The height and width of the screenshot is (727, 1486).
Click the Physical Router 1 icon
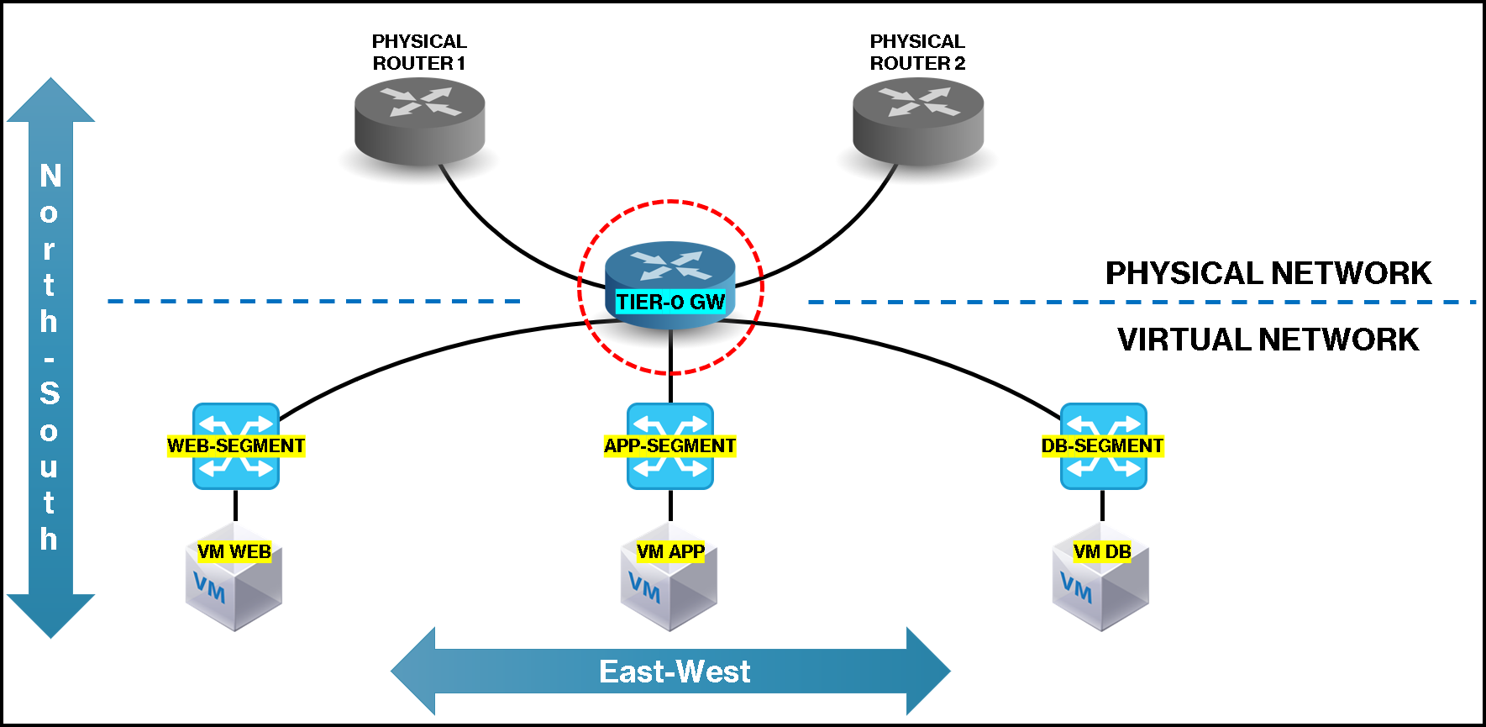point(419,120)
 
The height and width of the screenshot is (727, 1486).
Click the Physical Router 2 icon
point(917,120)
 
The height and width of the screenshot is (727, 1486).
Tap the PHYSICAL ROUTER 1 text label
point(419,52)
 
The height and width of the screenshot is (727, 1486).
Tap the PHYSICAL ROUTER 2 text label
point(917,52)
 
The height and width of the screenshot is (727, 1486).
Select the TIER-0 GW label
point(670,303)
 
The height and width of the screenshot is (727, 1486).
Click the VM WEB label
point(234,552)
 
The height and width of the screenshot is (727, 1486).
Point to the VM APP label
point(670,552)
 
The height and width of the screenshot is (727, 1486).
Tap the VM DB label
point(1102,552)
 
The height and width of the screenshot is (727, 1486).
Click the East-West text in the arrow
point(675,672)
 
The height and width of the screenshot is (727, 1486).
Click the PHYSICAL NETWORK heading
point(1268,273)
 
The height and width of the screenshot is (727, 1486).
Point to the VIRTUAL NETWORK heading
point(1268,340)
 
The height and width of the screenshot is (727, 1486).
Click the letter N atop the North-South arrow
point(50,176)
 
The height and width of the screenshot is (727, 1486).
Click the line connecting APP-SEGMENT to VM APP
point(670,506)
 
